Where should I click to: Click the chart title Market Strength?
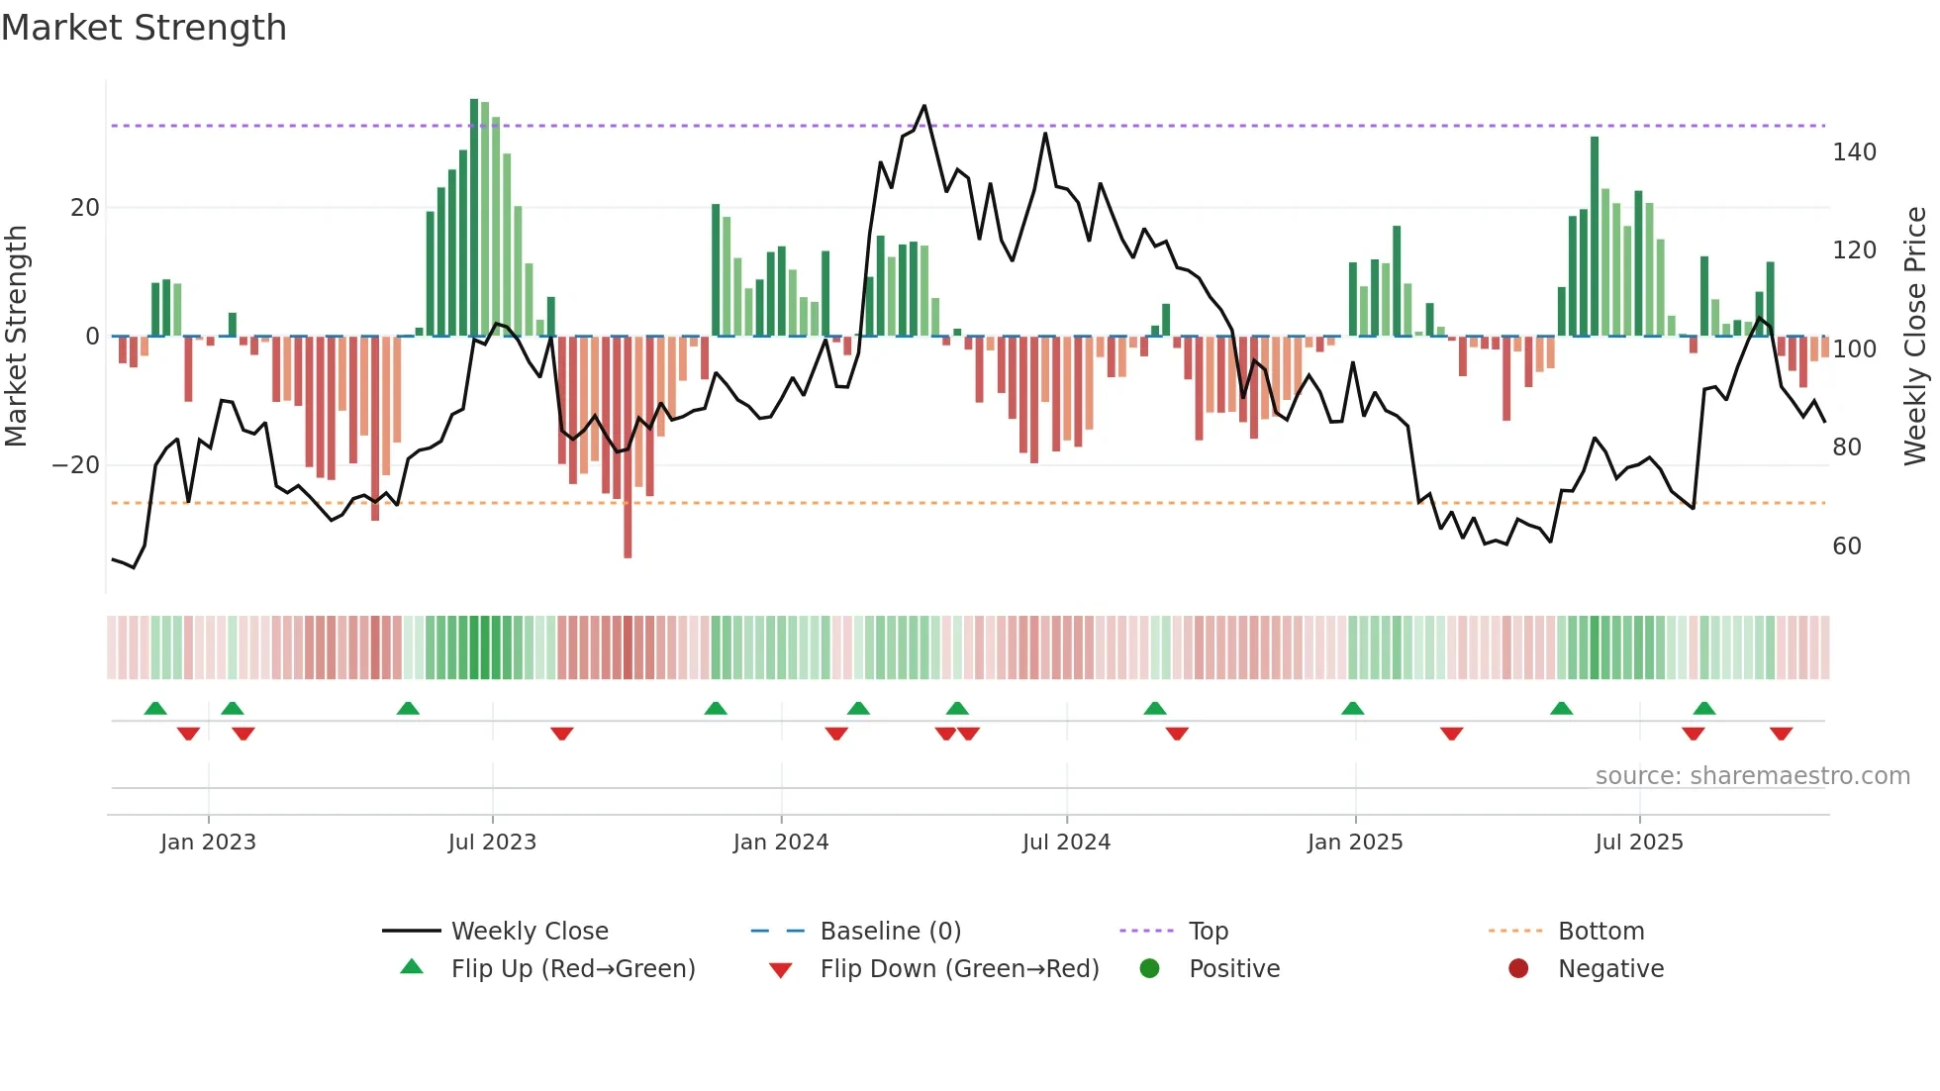(x=144, y=28)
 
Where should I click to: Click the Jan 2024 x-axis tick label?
(x=780, y=843)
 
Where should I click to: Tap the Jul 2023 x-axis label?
(x=492, y=843)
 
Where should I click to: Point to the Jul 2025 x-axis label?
(x=1638, y=843)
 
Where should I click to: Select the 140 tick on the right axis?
(x=1853, y=152)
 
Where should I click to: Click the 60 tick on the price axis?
(x=1846, y=546)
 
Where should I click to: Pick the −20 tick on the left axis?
(x=75, y=465)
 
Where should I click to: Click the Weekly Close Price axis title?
(x=1915, y=337)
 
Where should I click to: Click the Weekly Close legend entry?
(x=529, y=932)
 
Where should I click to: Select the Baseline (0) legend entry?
(x=890, y=932)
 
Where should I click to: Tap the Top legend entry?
(x=1208, y=932)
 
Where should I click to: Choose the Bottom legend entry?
(x=1600, y=932)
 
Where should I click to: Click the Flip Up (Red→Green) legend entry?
(x=572, y=969)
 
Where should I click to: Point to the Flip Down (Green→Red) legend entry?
(x=958, y=969)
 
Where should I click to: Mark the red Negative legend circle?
(x=1518, y=968)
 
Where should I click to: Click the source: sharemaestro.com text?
(x=1752, y=776)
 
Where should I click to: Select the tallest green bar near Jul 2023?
(x=474, y=218)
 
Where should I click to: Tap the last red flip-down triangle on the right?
(x=1781, y=734)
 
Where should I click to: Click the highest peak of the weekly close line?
(x=924, y=106)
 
